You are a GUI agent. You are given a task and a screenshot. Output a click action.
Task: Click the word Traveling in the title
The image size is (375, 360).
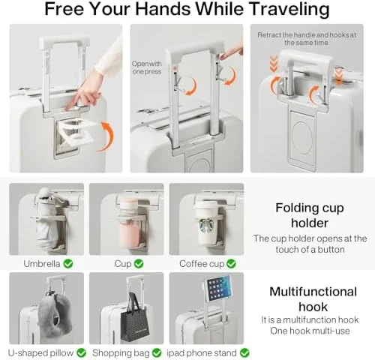coord(289,9)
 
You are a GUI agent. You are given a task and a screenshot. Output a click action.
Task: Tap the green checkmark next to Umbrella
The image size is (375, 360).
coord(68,264)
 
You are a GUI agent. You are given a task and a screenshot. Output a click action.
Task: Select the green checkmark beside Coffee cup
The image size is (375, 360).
coord(231,264)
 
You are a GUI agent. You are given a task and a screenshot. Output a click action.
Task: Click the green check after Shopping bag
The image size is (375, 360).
coord(157,353)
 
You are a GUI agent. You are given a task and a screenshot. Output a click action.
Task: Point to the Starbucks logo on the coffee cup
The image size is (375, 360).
coord(207,226)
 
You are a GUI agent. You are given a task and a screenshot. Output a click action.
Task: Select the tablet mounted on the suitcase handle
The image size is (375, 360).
coord(218,288)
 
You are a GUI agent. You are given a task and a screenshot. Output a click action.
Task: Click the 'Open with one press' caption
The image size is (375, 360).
coord(147,67)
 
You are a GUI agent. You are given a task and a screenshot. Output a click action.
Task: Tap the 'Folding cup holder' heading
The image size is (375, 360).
coord(310,215)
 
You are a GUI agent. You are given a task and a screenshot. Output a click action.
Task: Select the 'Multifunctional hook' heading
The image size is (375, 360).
coord(313,299)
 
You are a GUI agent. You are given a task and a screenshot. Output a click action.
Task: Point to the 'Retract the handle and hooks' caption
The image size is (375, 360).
coord(307,39)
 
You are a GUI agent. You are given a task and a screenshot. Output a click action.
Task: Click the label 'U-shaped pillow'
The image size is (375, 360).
coord(40,353)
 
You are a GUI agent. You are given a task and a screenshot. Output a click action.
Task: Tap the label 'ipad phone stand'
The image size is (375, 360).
coord(202,353)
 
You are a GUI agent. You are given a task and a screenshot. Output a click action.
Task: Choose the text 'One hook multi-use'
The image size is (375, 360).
coord(310,331)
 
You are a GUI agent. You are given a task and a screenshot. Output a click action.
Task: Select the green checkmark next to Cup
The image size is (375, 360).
coord(139,264)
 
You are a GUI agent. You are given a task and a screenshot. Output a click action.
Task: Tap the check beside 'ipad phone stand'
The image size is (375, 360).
coord(244,353)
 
